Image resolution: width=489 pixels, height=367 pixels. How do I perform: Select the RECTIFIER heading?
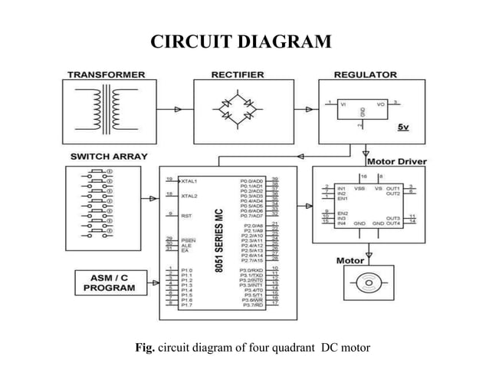[238, 74]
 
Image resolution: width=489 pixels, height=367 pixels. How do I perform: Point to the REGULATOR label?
[366, 74]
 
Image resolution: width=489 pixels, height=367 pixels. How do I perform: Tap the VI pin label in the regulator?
[343, 102]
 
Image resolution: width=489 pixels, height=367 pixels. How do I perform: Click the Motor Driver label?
[397, 162]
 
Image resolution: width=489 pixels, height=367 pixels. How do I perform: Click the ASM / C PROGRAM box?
[110, 283]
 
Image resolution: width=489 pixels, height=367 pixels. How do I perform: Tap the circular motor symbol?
[369, 283]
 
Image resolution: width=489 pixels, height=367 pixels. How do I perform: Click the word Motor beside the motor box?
[350, 260]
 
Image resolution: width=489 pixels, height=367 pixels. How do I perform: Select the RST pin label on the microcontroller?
[185, 217]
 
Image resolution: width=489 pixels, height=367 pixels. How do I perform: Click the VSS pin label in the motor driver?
[358, 187]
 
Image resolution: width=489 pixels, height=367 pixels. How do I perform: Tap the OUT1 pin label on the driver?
[392, 187]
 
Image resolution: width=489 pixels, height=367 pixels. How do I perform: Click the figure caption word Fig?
[145, 348]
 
